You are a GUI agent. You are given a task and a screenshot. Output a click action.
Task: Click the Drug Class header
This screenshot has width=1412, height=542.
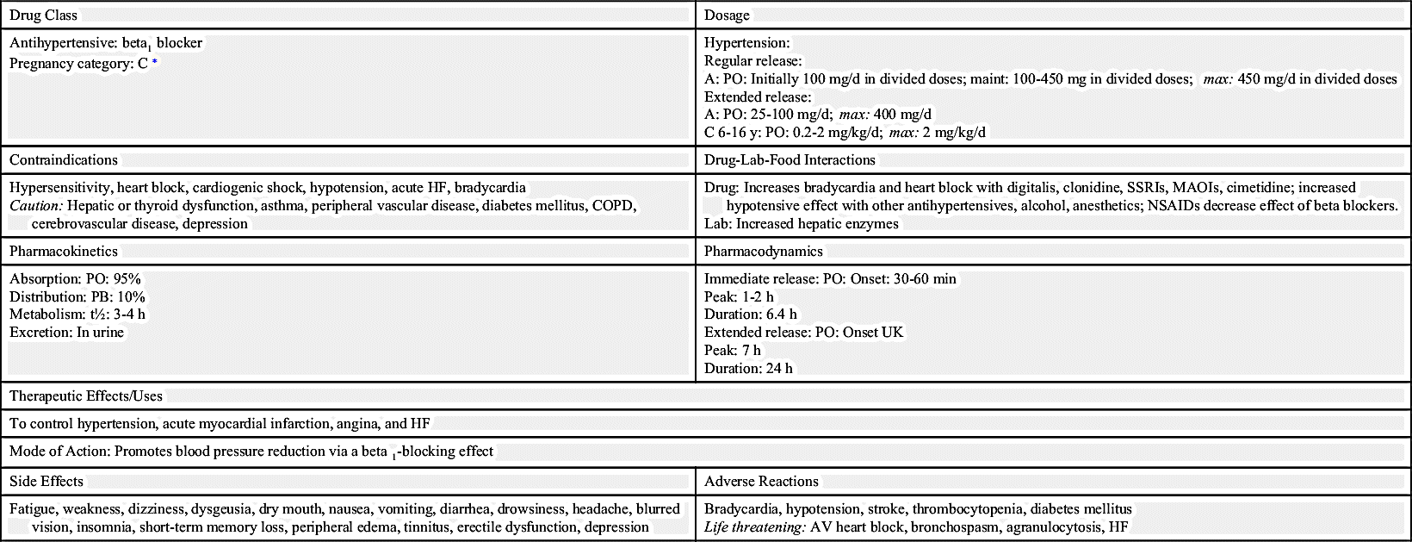tap(43, 15)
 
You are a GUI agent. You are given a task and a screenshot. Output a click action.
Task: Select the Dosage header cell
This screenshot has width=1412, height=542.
tap(727, 15)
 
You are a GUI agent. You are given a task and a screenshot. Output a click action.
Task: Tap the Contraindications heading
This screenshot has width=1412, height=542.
tap(64, 160)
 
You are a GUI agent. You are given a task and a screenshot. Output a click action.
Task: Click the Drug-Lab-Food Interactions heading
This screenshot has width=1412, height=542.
tap(790, 160)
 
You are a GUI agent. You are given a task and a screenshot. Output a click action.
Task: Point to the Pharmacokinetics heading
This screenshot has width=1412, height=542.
tap(64, 252)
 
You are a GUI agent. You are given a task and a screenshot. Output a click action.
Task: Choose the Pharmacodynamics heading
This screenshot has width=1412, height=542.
tap(764, 252)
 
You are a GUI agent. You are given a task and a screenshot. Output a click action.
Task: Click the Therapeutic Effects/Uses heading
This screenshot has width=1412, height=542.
tap(86, 396)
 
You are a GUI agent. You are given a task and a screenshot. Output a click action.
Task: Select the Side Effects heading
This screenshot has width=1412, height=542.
tap(46, 482)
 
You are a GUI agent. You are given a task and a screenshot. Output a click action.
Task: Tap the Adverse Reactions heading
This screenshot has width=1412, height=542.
tap(761, 482)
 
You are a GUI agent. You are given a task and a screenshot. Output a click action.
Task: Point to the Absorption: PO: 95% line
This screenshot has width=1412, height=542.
tap(75, 279)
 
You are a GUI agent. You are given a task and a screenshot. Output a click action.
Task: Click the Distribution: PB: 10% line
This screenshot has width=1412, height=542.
tap(77, 297)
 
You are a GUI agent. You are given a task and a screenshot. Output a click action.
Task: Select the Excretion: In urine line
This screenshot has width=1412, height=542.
tap(67, 333)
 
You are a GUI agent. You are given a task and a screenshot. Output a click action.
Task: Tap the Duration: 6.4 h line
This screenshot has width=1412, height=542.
tap(751, 315)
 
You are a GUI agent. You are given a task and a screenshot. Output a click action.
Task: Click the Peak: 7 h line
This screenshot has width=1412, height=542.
tap(733, 351)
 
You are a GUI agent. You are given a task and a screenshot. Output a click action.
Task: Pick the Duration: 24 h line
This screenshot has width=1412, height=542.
tap(749, 369)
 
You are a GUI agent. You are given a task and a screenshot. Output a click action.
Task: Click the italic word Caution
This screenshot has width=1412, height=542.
tap(36, 206)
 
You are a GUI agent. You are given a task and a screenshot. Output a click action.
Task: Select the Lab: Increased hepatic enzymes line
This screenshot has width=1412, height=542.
tap(802, 224)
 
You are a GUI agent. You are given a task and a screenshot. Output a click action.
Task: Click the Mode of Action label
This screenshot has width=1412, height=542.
tap(59, 452)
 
